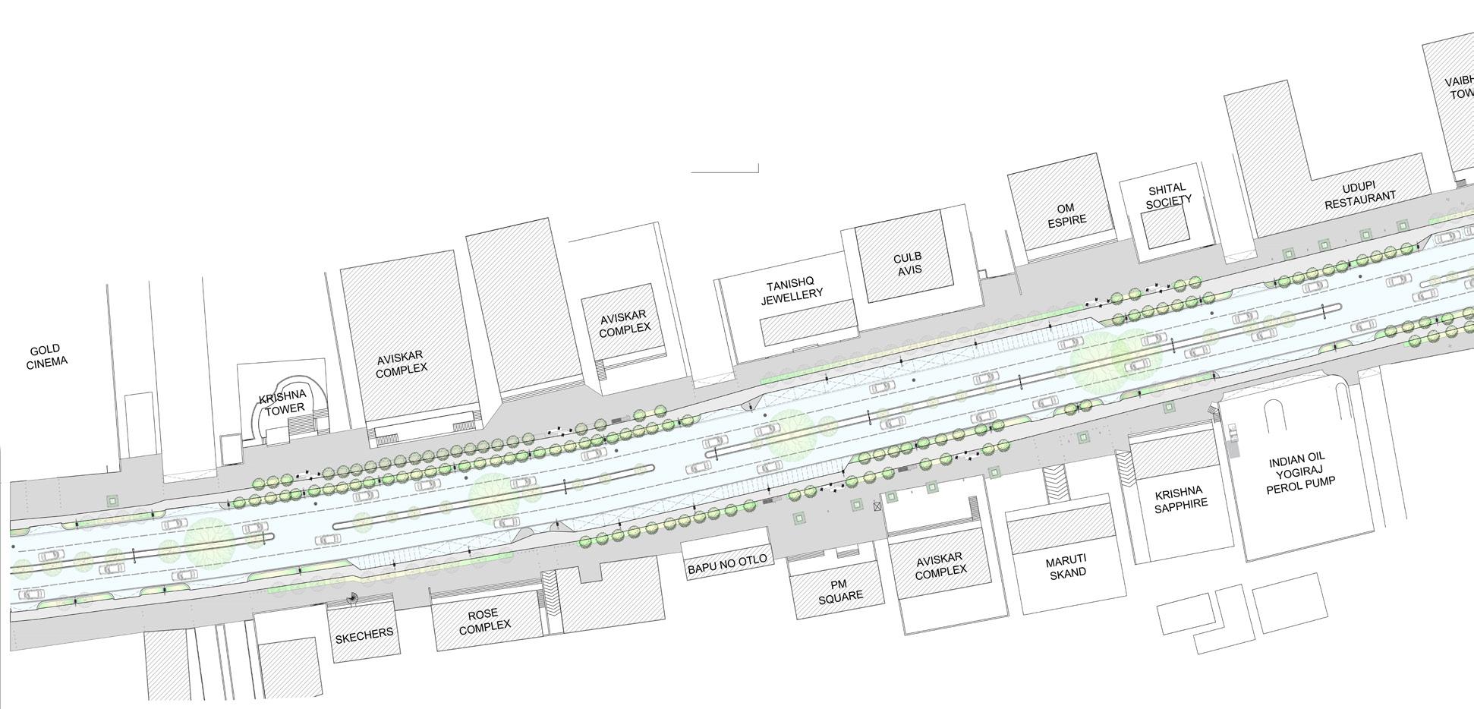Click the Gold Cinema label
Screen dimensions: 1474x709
(46, 356)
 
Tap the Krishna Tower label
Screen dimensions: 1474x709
(282, 402)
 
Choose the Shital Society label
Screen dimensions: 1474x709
(1167, 195)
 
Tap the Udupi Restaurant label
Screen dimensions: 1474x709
(1359, 196)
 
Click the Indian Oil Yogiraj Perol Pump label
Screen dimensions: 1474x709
(1300, 471)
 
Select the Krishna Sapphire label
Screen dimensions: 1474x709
(1181, 497)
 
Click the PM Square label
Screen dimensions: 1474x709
(839, 591)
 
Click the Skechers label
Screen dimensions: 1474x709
(364, 633)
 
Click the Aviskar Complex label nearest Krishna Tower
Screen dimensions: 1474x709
(402, 361)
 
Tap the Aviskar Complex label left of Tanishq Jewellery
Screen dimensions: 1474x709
(624, 322)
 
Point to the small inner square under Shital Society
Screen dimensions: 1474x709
(1166, 228)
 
